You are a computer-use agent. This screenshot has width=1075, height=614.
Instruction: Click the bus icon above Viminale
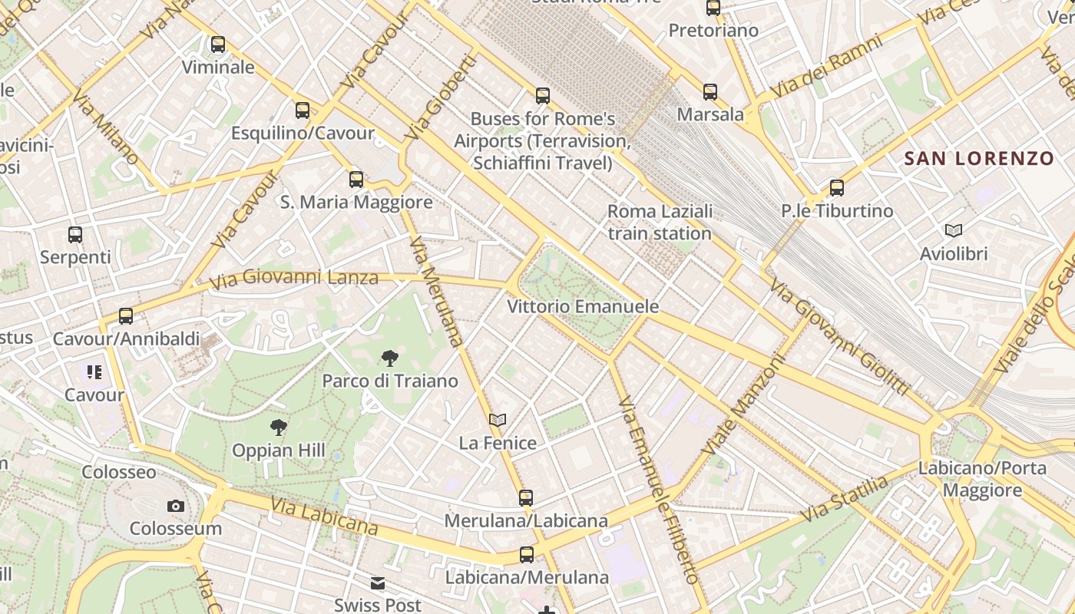[x=218, y=45]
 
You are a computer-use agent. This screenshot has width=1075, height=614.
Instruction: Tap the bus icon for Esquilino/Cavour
[x=303, y=111]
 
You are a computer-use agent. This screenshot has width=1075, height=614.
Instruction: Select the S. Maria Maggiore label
[x=356, y=203]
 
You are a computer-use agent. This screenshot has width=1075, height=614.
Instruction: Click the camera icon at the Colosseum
[x=176, y=506]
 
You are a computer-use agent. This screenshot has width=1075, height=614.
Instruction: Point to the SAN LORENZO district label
[x=979, y=159]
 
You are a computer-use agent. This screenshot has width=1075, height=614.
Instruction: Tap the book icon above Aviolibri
[x=954, y=230]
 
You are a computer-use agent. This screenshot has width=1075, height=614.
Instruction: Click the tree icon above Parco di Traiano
[x=390, y=358]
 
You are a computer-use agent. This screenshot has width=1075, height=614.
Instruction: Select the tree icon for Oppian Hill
[x=279, y=427]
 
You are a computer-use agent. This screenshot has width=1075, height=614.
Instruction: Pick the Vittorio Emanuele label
[x=583, y=307]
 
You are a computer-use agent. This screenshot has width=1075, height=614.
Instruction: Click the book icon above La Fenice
[x=498, y=420]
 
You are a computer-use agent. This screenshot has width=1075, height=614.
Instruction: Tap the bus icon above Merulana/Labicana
[x=526, y=498]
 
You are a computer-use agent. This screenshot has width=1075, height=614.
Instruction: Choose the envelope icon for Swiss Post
[x=378, y=583]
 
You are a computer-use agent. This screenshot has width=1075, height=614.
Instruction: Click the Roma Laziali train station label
[x=660, y=222]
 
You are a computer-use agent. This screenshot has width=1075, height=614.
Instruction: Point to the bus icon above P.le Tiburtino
[x=837, y=188]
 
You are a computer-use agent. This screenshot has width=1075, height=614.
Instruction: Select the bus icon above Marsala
[x=710, y=92]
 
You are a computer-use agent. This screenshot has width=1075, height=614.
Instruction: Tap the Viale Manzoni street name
[x=743, y=403]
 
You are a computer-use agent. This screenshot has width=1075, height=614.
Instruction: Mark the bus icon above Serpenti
[x=75, y=235]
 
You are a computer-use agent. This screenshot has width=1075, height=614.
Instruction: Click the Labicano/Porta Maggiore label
[x=982, y=479]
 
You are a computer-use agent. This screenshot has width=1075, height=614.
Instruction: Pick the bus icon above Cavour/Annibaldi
[x=126, y=316]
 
